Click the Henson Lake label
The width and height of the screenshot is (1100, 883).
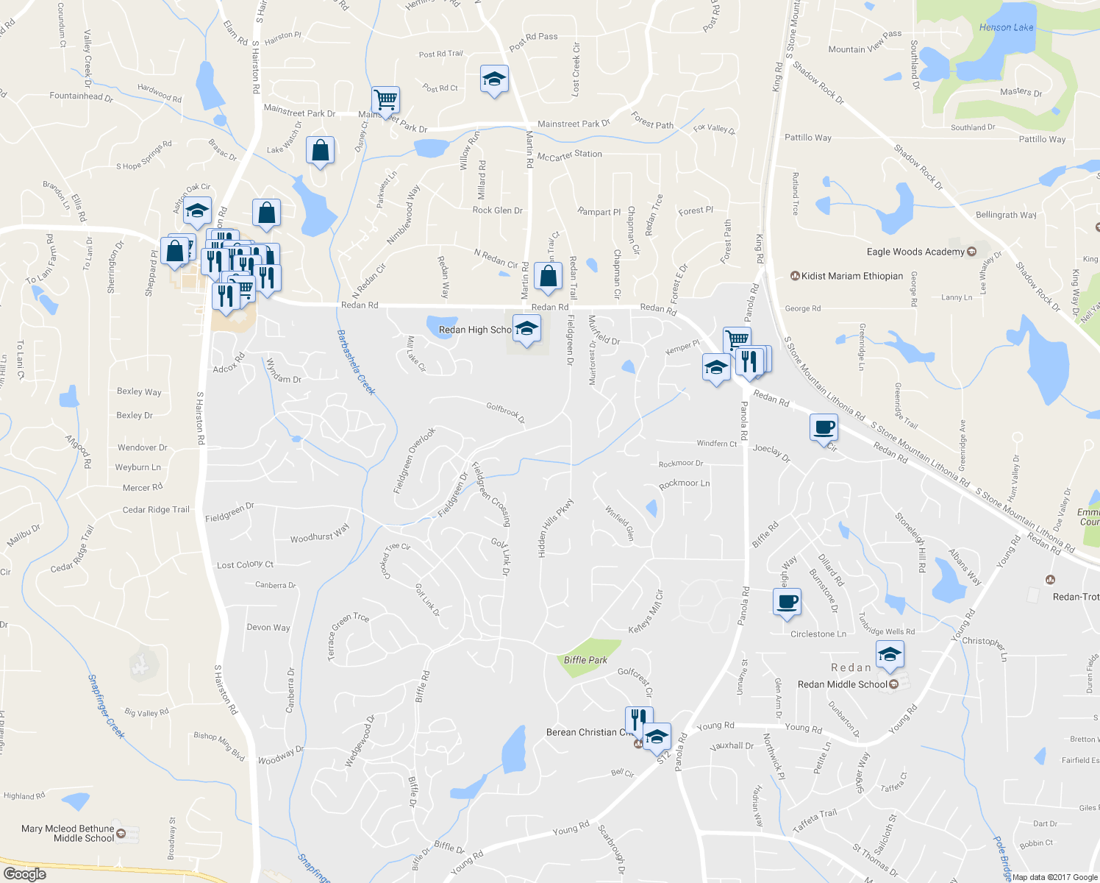click(x=1006, y=28)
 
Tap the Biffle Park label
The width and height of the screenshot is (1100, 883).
click(x=585, y=660)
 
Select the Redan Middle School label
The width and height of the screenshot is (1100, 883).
click(x=842, y=684)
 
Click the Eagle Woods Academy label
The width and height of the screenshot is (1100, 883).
click(x=915, y=252)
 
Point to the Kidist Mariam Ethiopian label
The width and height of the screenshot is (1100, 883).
click(x=851, y=276)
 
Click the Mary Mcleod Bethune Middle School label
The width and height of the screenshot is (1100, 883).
click(x=68, y=833)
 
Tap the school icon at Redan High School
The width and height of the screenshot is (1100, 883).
click(x=526, y=329)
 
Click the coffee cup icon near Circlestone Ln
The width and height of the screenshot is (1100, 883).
click(x=787, y=602)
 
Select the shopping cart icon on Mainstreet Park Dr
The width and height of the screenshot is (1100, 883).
click(x=385, y=99)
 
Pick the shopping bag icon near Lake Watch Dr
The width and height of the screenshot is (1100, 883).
click(x=320, y=151)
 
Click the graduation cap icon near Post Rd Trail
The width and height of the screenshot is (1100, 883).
click(x=494, y=79)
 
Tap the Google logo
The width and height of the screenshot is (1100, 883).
click(x=24, y=874)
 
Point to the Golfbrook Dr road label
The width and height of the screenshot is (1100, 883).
click(x=505, y=412)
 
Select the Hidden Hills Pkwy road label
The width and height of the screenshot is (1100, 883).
click(x=555, y=528)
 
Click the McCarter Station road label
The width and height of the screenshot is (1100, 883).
click(x=569, y=155)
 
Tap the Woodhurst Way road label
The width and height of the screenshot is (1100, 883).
click(x=319, y=534)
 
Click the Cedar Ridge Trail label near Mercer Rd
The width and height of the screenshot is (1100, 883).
click(x=156, y=510)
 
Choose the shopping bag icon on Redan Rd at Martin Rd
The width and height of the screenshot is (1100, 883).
click(x=548, y=276)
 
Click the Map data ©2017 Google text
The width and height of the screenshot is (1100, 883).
click(x=1055, y=877)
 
